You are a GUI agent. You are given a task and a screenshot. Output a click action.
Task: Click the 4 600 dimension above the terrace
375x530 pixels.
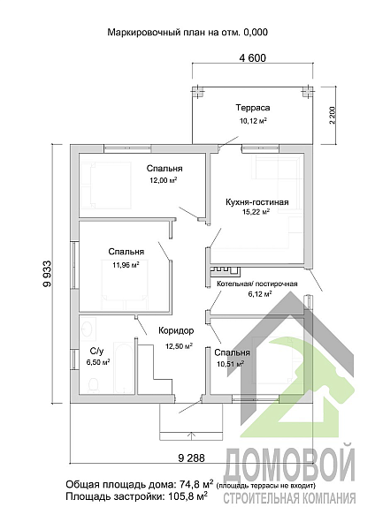click(252, 58)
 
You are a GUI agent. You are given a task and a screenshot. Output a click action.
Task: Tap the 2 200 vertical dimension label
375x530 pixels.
click(333, 115)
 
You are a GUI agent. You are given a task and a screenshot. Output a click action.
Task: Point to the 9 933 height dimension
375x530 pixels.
click(48, 273)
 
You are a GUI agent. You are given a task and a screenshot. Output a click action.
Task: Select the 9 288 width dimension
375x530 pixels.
click(191, 458)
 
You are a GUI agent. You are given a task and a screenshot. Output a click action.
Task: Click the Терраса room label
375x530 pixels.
click(253, 108)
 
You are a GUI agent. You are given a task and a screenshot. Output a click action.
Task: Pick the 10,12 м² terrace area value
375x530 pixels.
click(252, 121)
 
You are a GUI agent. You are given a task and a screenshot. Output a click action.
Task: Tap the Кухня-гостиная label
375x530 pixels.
click(256, 202)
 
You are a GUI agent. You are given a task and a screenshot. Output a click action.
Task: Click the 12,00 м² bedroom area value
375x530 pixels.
click(164, 180)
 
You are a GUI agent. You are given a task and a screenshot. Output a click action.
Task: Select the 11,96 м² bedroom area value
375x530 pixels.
click(126, 264)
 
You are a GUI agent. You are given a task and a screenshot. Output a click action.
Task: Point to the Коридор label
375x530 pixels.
click(176, 330)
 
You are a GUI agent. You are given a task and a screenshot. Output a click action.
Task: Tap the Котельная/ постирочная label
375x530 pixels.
click(256, 284)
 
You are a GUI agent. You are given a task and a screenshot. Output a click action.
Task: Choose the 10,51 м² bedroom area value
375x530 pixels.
click(231, 364)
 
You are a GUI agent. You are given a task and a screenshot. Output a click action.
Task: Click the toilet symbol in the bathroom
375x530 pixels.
click(94, 386)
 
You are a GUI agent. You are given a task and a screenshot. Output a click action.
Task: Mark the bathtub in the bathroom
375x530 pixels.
click(124, 368)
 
